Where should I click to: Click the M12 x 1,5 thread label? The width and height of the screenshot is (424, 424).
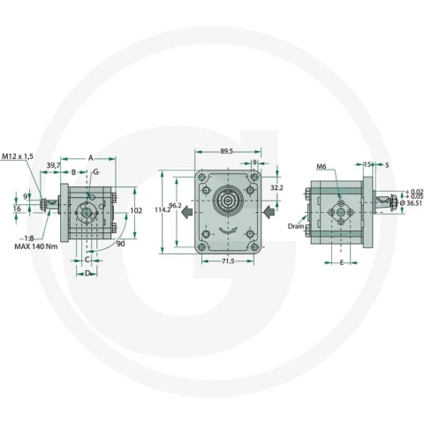[x=18, y=156]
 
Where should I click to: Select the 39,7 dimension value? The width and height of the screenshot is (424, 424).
[x=53, y=165]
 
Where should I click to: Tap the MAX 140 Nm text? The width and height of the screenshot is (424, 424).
[x=36, y=246]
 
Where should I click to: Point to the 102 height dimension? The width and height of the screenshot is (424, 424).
[x=136, y=211]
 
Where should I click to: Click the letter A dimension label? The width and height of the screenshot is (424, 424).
[x=91, y=158]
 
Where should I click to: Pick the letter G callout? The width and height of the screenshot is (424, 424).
[x=95, y=172]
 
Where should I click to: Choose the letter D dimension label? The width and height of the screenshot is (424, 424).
[x=87, y=274]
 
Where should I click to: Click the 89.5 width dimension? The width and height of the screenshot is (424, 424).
[x=227, y=151]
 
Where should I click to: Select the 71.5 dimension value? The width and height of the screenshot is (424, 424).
[x=227, y=261]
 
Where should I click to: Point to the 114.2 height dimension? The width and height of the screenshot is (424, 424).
[x=163, y=209]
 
